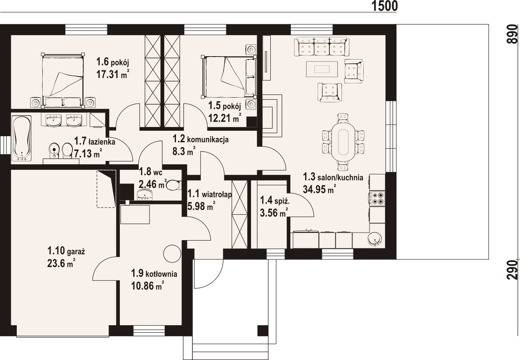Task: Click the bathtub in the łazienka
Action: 21,138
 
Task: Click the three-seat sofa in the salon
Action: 321,47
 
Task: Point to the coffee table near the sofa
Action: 322,69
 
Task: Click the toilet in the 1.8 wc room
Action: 173,185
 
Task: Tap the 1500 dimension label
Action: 385,6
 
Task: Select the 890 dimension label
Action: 512,34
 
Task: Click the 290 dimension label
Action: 512,270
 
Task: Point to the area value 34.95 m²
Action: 320,189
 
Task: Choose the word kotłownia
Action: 161,274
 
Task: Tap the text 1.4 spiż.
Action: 275,201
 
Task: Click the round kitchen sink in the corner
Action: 375,239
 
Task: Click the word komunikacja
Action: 208,140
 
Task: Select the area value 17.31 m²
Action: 113,74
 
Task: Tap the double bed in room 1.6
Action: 63,80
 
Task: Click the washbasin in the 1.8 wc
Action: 145,194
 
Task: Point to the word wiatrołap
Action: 217,194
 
